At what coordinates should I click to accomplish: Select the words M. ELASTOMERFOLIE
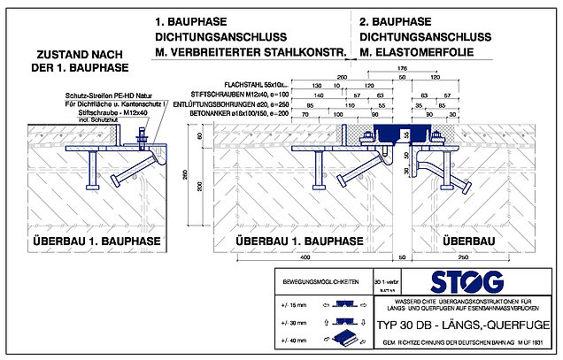pos(415,53)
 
